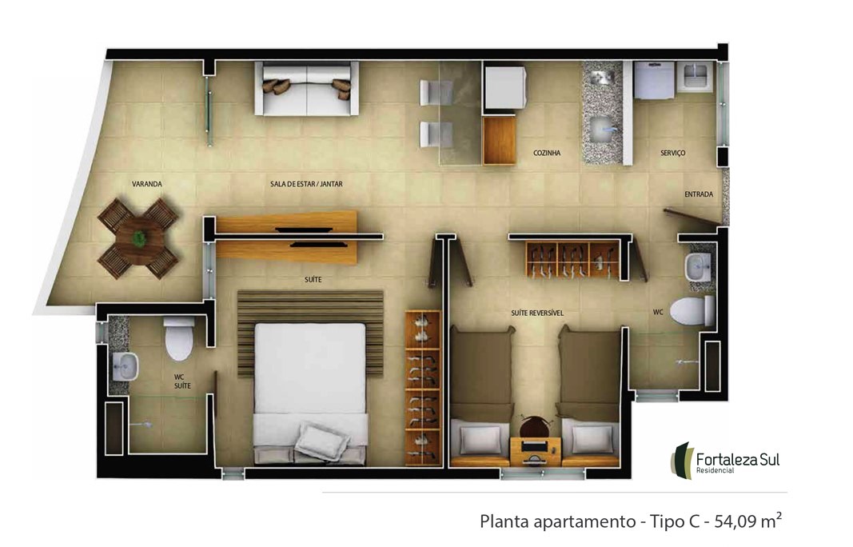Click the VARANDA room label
tap(147, 184)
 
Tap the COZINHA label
tap(547, 153)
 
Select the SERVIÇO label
tap(673, 153)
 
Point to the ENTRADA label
tap(699, 194)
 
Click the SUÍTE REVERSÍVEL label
tap(537, 313)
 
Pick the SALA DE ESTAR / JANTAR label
tap(306, 184)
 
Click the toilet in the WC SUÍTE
tap(179, 338)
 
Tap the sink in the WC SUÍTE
tap(126, 366)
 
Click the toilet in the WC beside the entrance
tap(691, 311)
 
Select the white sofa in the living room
tap(307, 88)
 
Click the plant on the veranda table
tap(140, 238)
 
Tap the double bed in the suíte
tap(310, 393)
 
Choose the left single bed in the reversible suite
tap(481, 396)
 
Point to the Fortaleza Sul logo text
tap(738, 460)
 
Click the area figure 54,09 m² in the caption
tap(748, 521)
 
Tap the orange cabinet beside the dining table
tap(499, 140)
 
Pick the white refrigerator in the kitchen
tap(504, 88)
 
